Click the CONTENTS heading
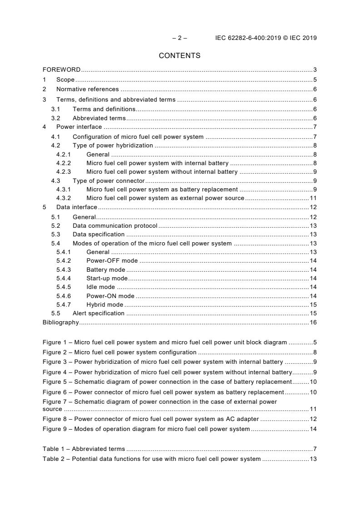(x=179, y=56)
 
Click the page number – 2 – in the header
(x=179, y=38)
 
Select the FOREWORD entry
(x=61, y=70)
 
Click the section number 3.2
(x=55, y=118)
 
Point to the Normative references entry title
(x=87, y=89)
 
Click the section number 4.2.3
(x=64, y=171)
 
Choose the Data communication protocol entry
(x=115, y=225)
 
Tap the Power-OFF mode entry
(x=112, y=260)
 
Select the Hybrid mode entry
(x=104, y=304)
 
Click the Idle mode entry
(x=100, y=287)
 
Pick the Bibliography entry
(x=60, y=322)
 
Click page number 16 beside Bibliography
(x=313, y=322)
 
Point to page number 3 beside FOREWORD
(x=315, y=70)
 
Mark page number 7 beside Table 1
(x=315, y=449)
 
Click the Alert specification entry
(x=98, y=313)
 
